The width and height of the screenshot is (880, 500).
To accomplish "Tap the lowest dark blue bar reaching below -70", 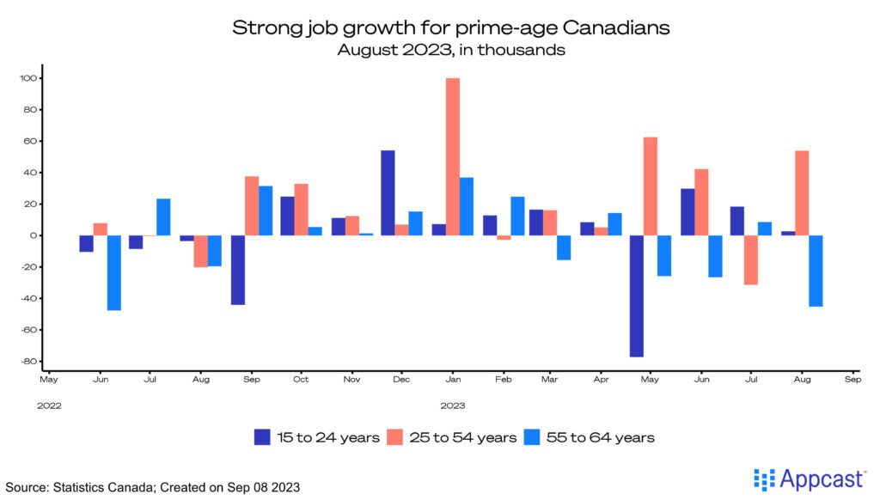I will [637, 296].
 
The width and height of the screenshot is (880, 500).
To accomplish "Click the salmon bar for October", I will [301, 210].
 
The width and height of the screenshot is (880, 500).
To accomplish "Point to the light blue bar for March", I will [563, 247].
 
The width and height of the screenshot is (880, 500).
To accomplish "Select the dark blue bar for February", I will [491, 225].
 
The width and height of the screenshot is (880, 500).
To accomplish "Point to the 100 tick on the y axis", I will [30, 78].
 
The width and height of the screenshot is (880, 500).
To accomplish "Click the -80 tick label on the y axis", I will [30, 361].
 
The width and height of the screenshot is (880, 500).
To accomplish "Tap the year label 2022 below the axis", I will [49, 404].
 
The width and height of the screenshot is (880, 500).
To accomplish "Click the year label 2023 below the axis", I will [453, 404].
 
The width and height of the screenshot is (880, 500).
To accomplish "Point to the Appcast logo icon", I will [763, 479].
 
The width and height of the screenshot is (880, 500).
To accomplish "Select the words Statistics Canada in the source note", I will [113, 487].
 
